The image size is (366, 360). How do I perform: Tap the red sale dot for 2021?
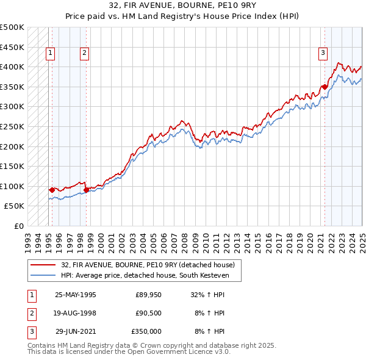click(x=325, y=87)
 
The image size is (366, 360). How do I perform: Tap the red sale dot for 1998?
click(x=86, y=190)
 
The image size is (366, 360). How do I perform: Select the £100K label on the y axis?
click(x=12, y=186)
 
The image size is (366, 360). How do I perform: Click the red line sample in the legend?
click(x=43, y=264)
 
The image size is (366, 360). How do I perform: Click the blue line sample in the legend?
click(x=43, y=275)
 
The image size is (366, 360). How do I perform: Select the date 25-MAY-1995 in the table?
click(x=75, y=294)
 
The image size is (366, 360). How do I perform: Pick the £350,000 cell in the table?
click(x=146, y=331)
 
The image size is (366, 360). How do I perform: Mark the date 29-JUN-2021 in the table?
click(x=75, y=331)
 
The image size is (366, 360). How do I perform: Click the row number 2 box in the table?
click(x=30, y=313)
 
